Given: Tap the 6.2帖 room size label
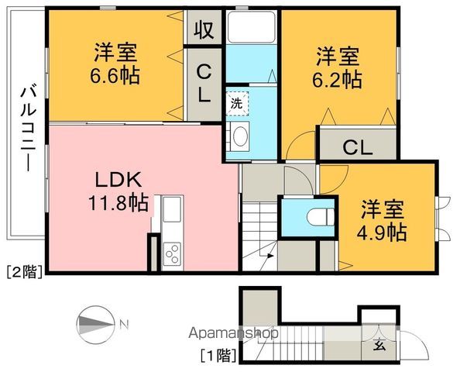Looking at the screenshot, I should click(337, 78).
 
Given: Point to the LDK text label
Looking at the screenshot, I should click(118, 181).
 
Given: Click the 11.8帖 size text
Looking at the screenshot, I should click(118, 204).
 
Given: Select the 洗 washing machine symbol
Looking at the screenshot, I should click(235, 102).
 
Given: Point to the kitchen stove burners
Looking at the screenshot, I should click(172, 253).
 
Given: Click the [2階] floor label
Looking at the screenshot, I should click(23, 272).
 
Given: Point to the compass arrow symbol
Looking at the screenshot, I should click(96, 323).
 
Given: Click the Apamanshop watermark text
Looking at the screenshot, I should click(235, 335).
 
